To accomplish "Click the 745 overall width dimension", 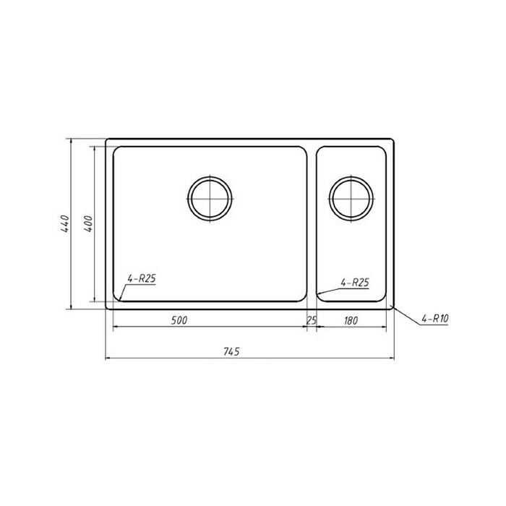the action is point(232,351).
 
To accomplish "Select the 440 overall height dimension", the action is point(65,223).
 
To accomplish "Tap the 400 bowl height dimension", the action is point(88,223).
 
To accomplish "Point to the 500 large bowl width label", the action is point(179,320).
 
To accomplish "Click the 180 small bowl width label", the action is point(351,321).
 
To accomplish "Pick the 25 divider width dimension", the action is point(312,320).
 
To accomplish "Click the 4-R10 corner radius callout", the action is point(435,319).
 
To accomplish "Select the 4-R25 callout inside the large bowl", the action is point(142,278).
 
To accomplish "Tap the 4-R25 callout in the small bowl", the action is point(355,283).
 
